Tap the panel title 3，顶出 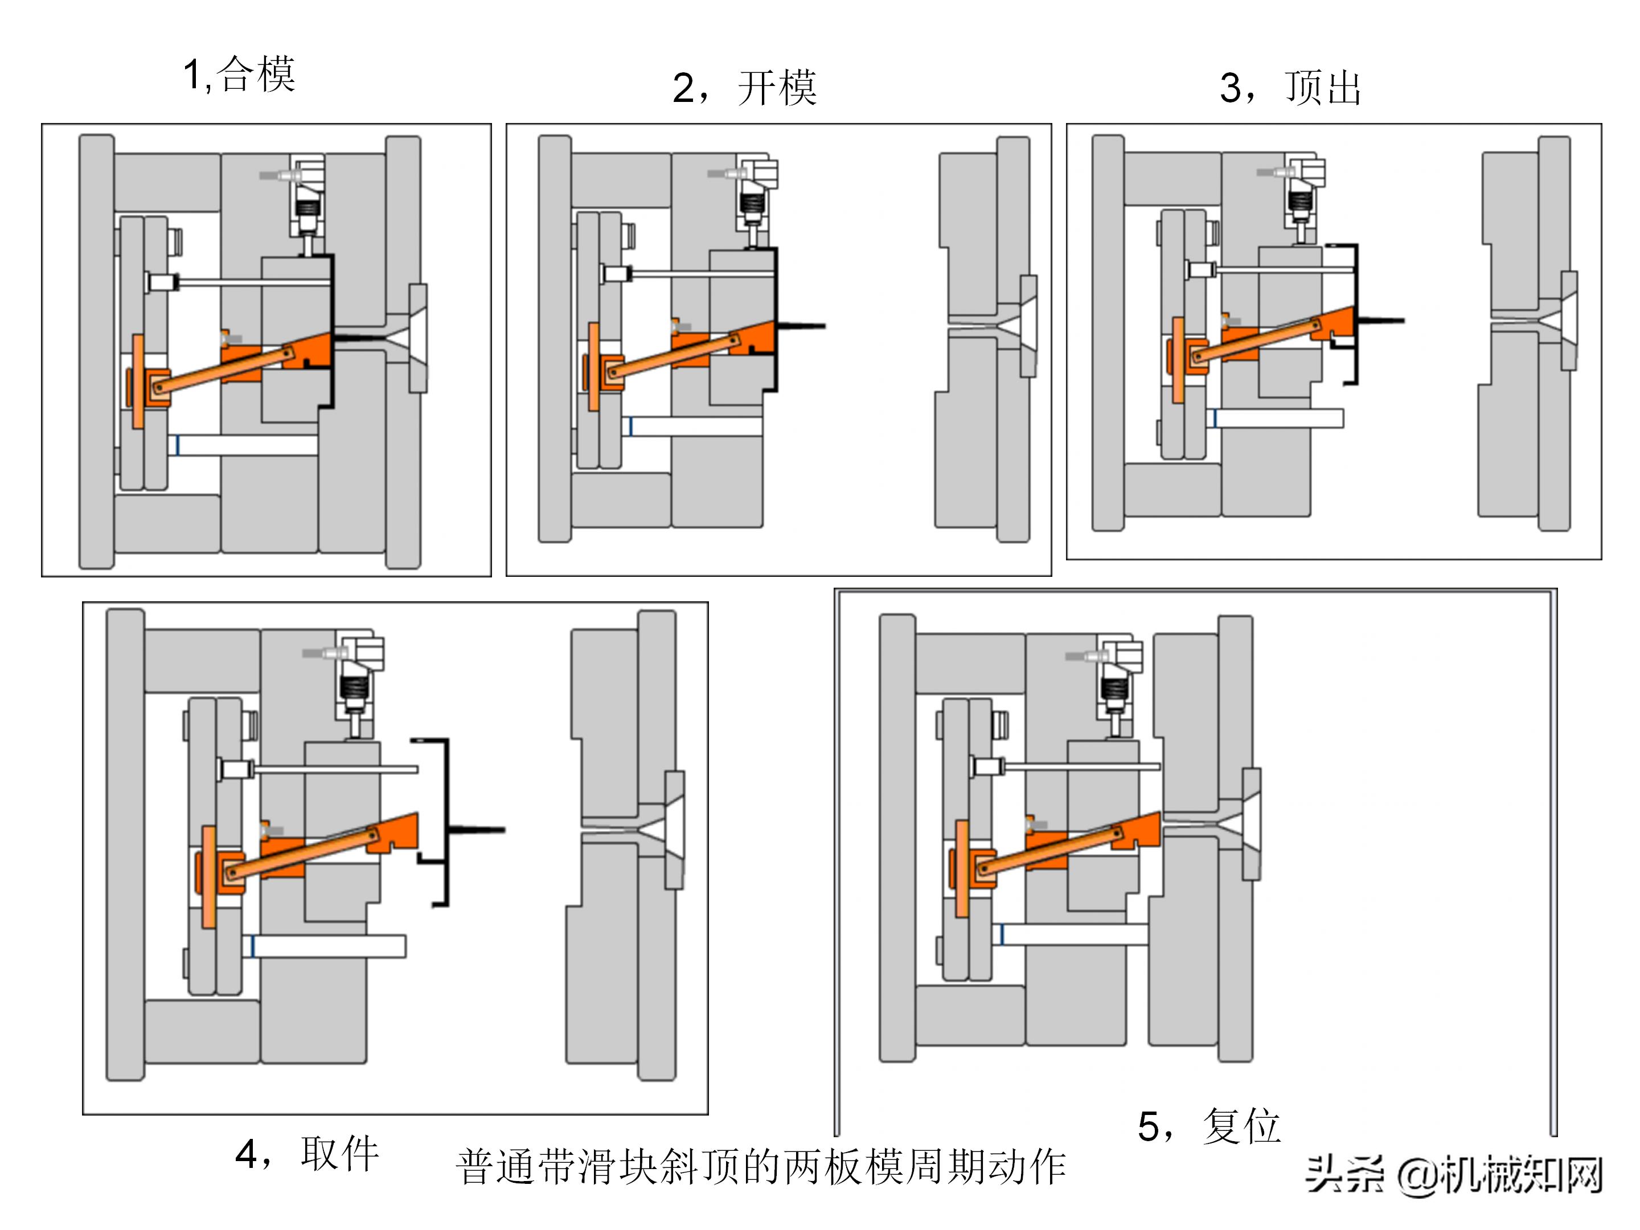coord(1289,88)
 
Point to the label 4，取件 coord(307,1154)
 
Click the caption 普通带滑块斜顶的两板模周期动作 coord(761,1167)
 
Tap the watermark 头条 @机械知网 coord(1453,1175)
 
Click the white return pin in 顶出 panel coord(1279,418)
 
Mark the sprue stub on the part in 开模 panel coord(801,326)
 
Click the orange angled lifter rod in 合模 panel coord(223,370)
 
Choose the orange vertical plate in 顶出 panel coord(1178,359)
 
